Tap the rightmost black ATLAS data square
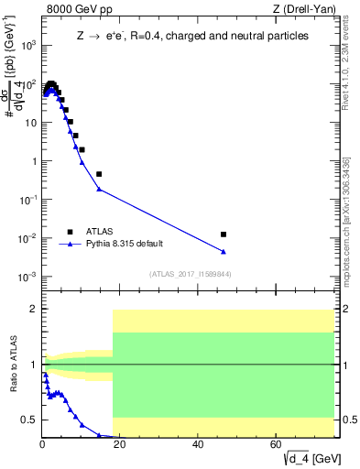coord(224,234)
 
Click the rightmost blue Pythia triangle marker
coord(224,252)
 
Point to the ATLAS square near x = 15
coord(99,174)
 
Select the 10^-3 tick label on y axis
coord(27,277)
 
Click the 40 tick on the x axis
coord(199,446)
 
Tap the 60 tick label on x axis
coord(277,446)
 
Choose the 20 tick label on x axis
coord(121,446)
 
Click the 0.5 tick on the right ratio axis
coord(349,420)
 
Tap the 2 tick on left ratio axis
coord(33,309)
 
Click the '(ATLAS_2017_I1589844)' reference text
coord(190,273)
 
